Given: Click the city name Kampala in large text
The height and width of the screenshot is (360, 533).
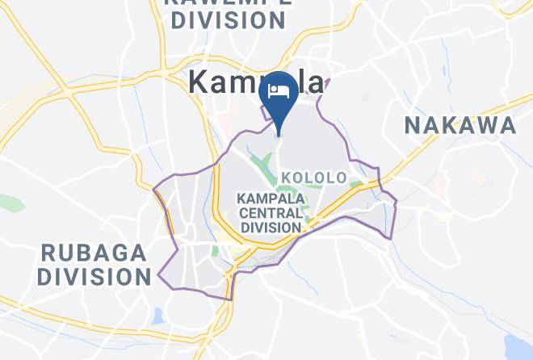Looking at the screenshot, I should (x=257, y=82).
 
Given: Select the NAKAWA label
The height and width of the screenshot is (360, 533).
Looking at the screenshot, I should (x=460, y=125).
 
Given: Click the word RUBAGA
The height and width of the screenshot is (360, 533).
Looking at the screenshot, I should (x=94, y=253).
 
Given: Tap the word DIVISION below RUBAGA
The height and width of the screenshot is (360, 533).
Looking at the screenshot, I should (x=94, y=278).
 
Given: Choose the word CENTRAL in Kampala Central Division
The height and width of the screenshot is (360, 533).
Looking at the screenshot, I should (x=271, y=212).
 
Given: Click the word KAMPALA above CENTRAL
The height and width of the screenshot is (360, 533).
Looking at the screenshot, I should (x=271, y=198).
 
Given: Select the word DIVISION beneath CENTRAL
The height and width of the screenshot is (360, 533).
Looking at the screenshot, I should (x=271, y=228).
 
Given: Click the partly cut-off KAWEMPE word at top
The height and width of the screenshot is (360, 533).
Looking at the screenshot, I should (x=229, y=3).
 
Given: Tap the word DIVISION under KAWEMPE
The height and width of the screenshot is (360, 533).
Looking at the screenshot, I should (x=229, y=21).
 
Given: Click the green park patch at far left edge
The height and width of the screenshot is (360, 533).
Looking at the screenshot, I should (x=10, y=203).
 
